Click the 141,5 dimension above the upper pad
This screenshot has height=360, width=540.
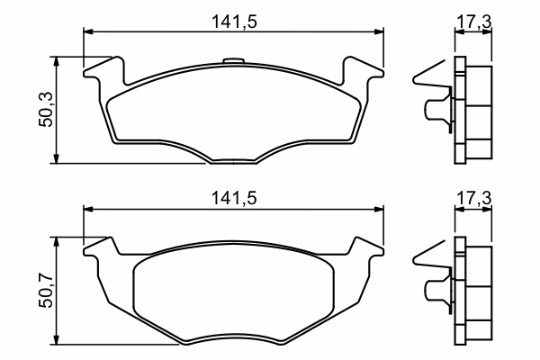[x=234, y=22]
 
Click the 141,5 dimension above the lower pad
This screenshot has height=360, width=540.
[x=234, y=198]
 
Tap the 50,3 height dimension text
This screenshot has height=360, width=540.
[x=46, y=110]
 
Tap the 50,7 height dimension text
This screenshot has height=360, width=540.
[x=46, y=290]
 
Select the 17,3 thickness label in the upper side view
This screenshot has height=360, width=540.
[x=474, y=22]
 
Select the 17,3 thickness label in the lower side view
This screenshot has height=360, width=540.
[x=474, y=198]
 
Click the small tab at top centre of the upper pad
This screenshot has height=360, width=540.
[x=233, y=61]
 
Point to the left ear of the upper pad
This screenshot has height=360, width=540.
[x=104, y=70]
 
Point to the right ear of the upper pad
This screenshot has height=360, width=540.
[x=363, y=70]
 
